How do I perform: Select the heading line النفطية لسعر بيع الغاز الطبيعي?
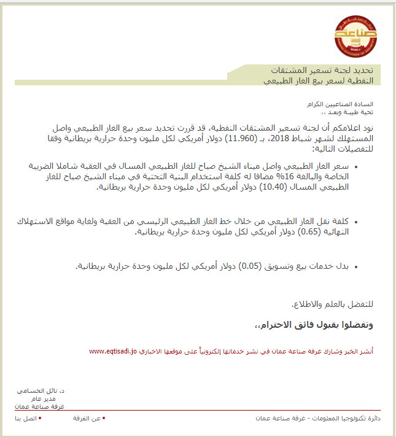point(322,80)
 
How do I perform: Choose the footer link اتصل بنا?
point(26,418)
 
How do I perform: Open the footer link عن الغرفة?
point(89,418)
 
